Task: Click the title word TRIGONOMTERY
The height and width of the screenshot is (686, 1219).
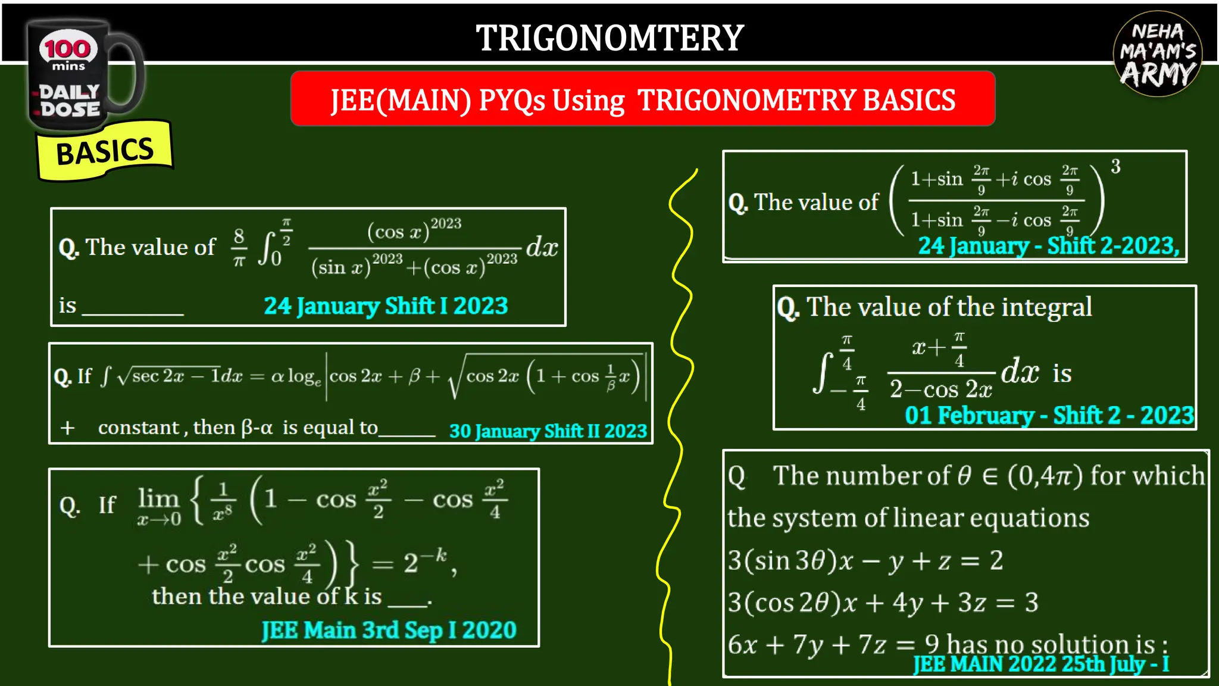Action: pos(609,38)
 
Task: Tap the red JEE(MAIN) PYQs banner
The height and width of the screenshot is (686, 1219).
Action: pos(643,99)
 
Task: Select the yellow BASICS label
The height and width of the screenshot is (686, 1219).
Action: pos(105,151)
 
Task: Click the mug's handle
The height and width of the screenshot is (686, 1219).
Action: pos(127,74)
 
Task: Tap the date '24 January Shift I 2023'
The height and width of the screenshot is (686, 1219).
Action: pos(386,306)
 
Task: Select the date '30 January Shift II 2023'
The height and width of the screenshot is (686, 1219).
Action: pos(548,431)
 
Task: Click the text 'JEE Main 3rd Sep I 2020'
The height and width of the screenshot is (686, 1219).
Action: pos(389,630)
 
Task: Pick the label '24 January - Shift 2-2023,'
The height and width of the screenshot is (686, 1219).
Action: pos(1048,246)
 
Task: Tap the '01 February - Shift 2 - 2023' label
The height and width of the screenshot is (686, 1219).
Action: pos(1049,416)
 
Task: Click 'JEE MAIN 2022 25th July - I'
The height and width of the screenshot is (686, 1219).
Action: pos(1041,664)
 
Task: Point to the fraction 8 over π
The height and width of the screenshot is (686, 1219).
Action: pos(239,247)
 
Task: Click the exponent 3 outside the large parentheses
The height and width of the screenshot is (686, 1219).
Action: pos(1115,167)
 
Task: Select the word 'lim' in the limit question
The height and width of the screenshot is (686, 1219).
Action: pos(158,498)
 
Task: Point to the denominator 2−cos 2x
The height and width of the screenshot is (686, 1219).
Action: pos(940,389)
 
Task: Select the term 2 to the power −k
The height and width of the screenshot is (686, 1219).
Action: pos(424,561)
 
